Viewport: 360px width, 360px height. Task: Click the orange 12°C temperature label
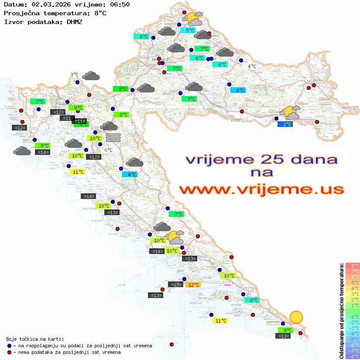pos(193,285)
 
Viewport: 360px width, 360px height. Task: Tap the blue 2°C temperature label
pos(285,124)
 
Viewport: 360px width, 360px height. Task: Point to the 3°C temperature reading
pos(74,75)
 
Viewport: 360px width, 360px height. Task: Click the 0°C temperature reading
pos(108,150)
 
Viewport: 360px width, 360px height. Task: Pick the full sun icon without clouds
pos(296,317)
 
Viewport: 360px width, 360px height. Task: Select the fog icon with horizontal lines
pos(113,137)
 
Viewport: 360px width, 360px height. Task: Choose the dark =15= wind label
pos(175,285)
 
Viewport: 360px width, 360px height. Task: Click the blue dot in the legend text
pos(10,346)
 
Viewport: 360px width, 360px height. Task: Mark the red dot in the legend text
pos(10,352)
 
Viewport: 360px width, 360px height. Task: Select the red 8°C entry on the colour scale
pos(352,265)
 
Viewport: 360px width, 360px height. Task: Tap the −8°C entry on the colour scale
pos(352,356)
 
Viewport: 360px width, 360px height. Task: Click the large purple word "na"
pos(261,172)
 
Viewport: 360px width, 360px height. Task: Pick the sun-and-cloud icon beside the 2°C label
pos(291,113)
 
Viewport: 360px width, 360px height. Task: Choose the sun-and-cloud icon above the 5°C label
pos(194,18)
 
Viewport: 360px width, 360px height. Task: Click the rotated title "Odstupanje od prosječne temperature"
pos(341,310)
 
